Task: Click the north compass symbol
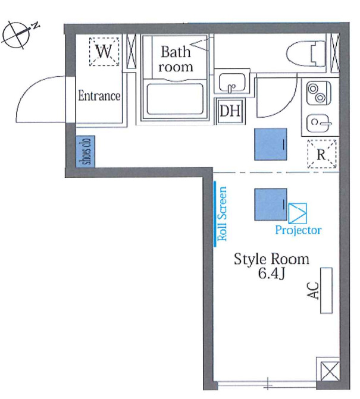(16, 35)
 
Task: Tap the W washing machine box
(104, 52)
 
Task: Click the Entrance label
(99, 96)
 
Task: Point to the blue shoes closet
(86, 152)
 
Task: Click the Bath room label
(176, 59)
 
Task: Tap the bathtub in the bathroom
(175, 99)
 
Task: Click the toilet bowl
(306, 54)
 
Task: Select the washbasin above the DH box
(232, 83)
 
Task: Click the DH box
(230, 111)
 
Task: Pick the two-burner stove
(318, 93)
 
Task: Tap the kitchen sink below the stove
(318, 124)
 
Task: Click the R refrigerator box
(322, 154)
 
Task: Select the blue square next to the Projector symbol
(271, 205)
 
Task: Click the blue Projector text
(298, 230)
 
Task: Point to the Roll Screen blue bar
(215, 213)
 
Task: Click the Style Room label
(271, 259)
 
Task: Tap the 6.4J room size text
(271, 274)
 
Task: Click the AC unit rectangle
(326, 290)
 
